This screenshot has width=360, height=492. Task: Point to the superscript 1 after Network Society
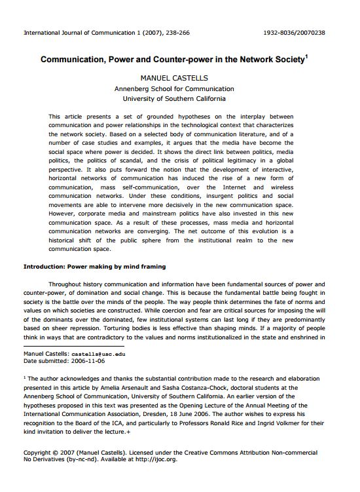(x=306, y=56)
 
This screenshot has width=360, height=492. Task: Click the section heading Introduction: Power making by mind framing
(x=94, y=267)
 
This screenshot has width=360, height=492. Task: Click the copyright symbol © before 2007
(x=54, y=452)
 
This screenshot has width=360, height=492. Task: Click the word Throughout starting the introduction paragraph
(x=69, y=284)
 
